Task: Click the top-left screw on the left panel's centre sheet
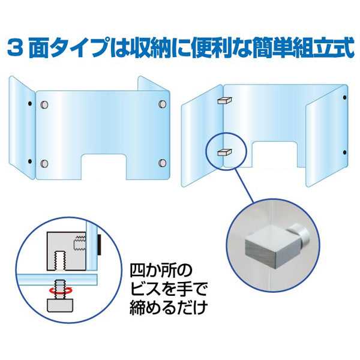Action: (44, 105)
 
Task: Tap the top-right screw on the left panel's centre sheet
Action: (161, 105)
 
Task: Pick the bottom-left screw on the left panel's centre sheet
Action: (44, 163)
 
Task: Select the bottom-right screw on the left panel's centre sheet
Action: (161, 163)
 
